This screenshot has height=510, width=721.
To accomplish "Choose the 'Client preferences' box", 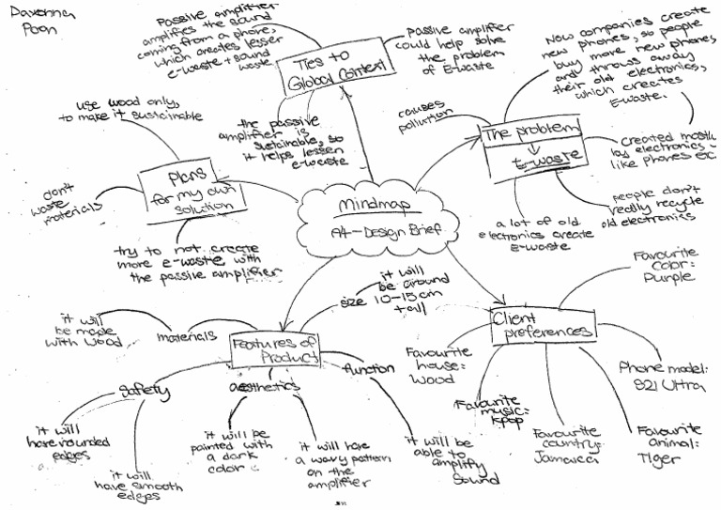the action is [543, 324].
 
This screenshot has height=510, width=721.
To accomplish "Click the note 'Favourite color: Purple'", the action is [664, 266].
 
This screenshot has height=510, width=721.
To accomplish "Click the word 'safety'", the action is [143, 390].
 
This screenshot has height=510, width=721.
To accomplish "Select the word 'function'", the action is [368, 369].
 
